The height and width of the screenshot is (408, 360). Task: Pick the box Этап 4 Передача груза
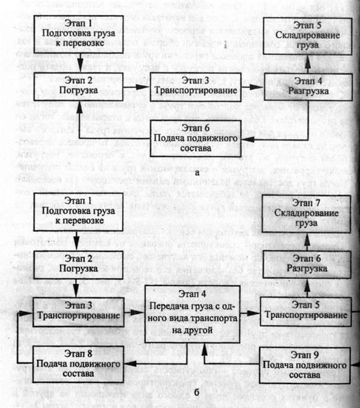(x=204, y=313)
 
